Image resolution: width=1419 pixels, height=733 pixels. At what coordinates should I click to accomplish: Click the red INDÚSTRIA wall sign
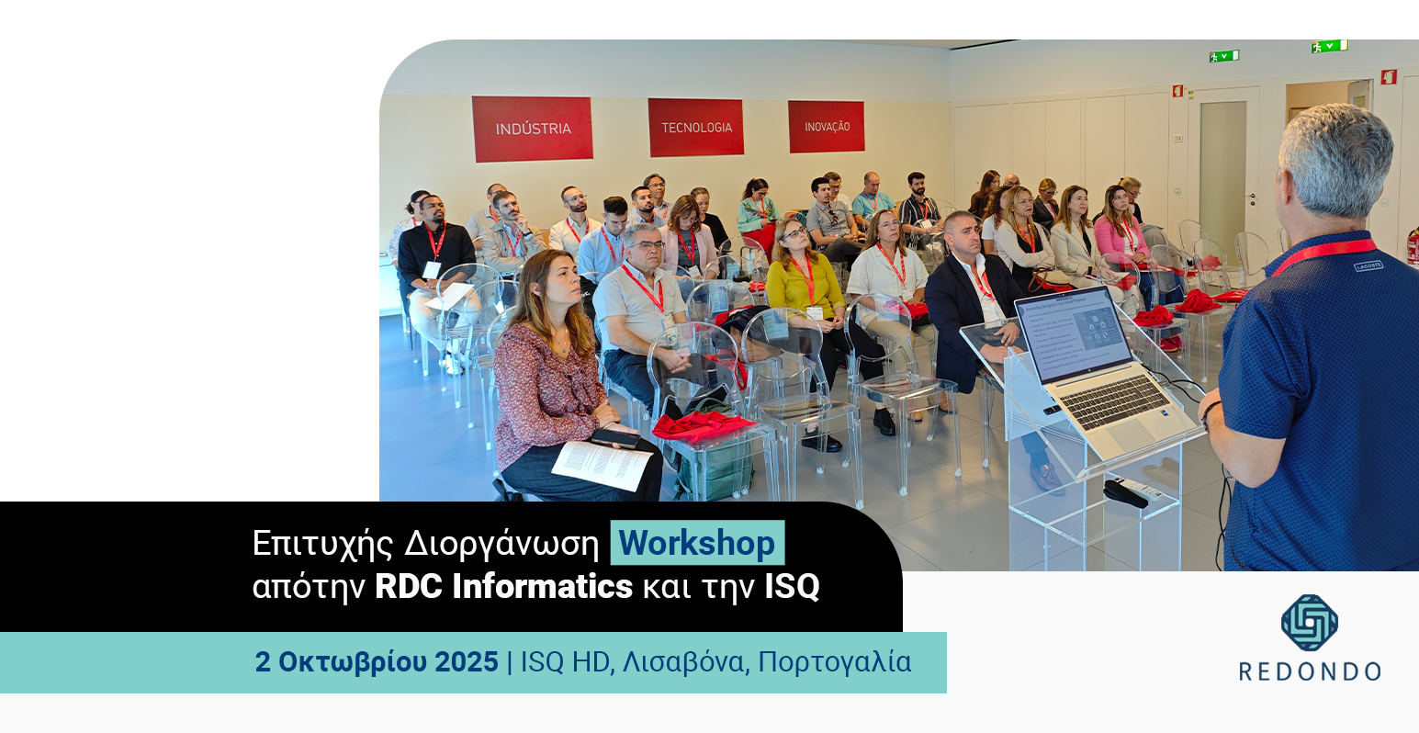coord(532,129)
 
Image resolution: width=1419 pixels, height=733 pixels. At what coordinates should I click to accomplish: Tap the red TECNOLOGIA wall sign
coord(696,127)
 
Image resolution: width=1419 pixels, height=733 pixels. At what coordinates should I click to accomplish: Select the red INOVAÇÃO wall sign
coord(827,127)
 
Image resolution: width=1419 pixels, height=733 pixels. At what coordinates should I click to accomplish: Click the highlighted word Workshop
coord(697,543)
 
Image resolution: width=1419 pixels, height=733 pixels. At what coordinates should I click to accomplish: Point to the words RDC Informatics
coord(503,586)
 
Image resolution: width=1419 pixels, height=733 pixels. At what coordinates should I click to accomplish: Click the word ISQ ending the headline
coord(792,586)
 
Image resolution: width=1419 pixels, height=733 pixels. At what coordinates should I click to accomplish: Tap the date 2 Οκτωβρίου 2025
coord(377,661)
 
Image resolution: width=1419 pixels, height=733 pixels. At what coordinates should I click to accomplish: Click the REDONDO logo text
coord(1310,671)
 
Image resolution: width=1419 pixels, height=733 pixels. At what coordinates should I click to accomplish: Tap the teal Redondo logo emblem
coord(1309,623)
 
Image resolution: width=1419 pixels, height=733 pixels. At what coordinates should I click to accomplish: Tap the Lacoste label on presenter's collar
coord(1368,265)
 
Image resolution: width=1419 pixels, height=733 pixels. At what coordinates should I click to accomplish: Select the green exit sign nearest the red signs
coord(1223,56)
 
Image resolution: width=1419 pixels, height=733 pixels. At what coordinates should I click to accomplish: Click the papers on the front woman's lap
coord(602,464)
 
